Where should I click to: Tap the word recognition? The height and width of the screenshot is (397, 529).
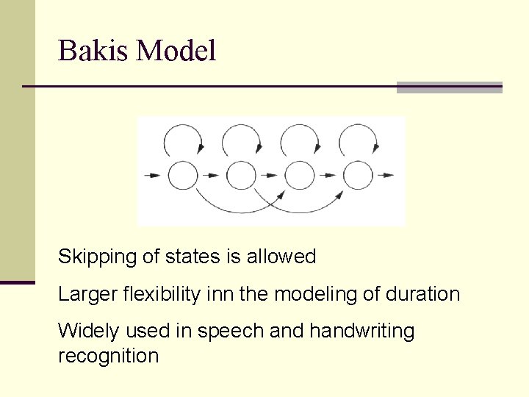[108, 357]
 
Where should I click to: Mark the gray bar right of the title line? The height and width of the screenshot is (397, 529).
[449, 87]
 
